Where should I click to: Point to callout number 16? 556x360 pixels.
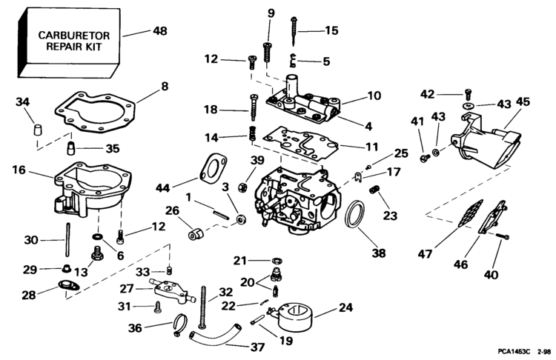pyautogui.click(x=19, y=170)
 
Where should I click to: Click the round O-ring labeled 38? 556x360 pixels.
pyautogui.click(x=358, y=215)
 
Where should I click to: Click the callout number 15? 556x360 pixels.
pyautogui.click(x=331, y=31)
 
